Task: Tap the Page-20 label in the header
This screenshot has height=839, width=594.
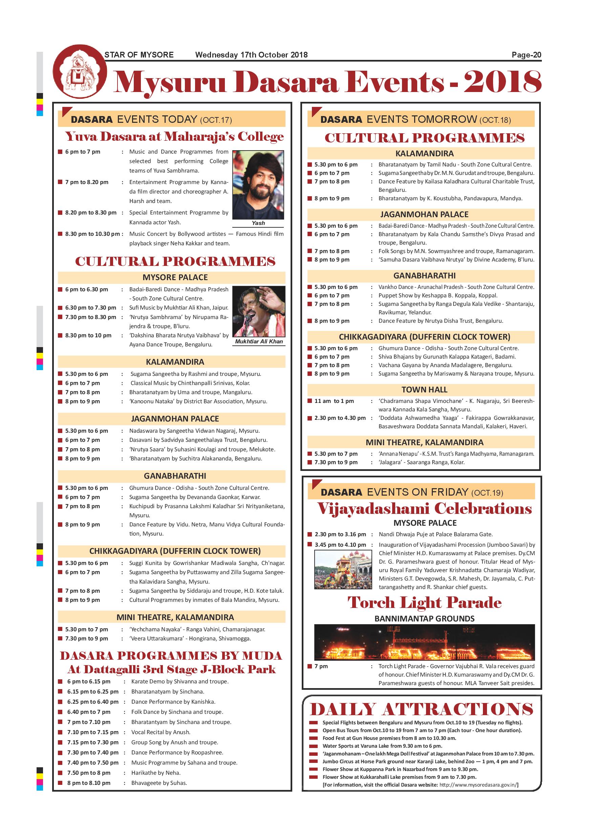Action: tap(526, 55)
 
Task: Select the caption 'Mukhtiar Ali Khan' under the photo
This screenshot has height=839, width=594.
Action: tap(259, 341)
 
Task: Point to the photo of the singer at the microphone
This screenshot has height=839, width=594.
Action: tap(259, 311)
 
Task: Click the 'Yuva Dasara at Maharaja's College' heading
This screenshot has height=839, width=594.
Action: tap(174, 137)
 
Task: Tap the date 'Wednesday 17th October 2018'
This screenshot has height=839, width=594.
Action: tap(251, 55)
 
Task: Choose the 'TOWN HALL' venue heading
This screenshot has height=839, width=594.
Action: tap(424, 389)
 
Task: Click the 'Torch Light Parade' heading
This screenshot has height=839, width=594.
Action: tap(424, 603)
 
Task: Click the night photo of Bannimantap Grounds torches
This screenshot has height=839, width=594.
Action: tap(424, 642)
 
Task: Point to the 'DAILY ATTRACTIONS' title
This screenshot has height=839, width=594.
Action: tap(421, 709)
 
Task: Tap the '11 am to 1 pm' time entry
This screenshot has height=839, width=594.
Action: tap(334, 401)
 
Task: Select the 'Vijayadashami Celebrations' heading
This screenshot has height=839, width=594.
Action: tap(424, 509)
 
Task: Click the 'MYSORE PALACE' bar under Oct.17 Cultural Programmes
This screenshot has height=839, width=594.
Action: tap(175, 277)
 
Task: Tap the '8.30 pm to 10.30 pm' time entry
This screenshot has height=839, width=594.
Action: tap(92, 234)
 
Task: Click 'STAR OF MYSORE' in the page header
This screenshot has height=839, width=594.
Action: tap(139, 55)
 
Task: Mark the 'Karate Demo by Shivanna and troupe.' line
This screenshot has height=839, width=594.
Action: tap(179, 681)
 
